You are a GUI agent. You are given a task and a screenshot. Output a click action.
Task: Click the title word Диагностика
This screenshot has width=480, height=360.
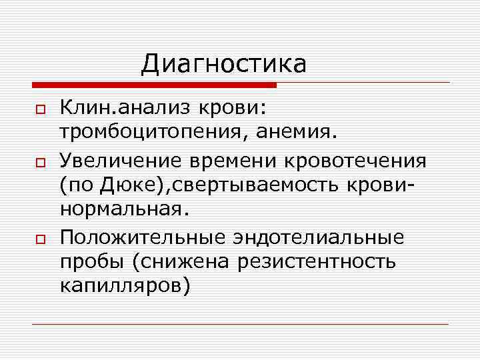coord(224,64)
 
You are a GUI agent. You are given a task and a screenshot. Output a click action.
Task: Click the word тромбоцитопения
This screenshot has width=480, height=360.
coord(151,131)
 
